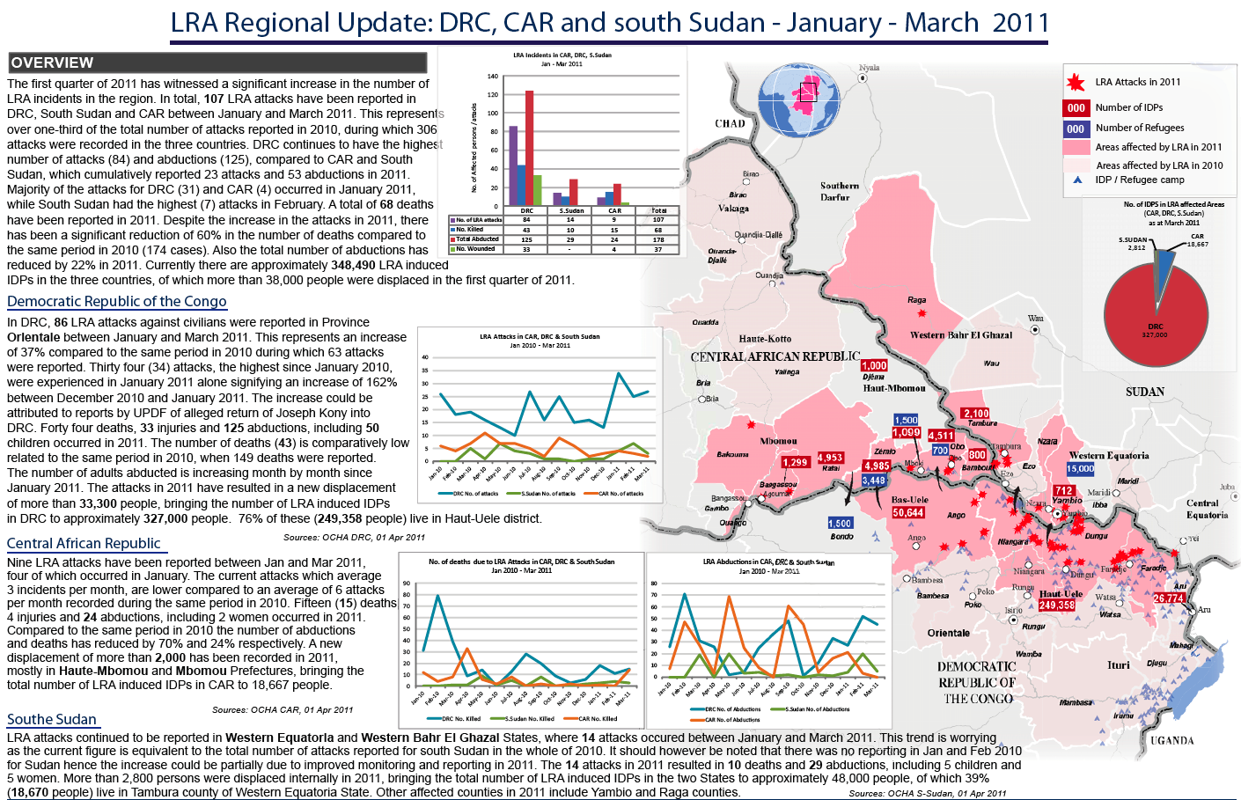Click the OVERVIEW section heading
click(x=53, y=62)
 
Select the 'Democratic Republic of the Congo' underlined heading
click(x=117, y=301)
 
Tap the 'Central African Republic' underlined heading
click(x=84, y=543)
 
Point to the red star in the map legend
click(x=1076, y=83)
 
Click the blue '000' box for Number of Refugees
click(x=1076, y=128)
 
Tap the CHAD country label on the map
click(x=730, y=124)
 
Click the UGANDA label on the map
click(x=1171, y=740)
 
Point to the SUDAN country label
click(x=1144, y=392)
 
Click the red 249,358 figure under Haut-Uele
click(x=1056, y=606)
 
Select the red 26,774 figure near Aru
click(x=1169, y=598)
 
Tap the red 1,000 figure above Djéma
click(x=874, y=366)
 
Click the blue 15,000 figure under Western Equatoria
click(x=1081, y=469)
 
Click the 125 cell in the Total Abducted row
click(x=526, y=239)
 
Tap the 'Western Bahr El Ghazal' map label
click(x=960, y=335)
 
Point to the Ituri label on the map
click(x=1118, y=665)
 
